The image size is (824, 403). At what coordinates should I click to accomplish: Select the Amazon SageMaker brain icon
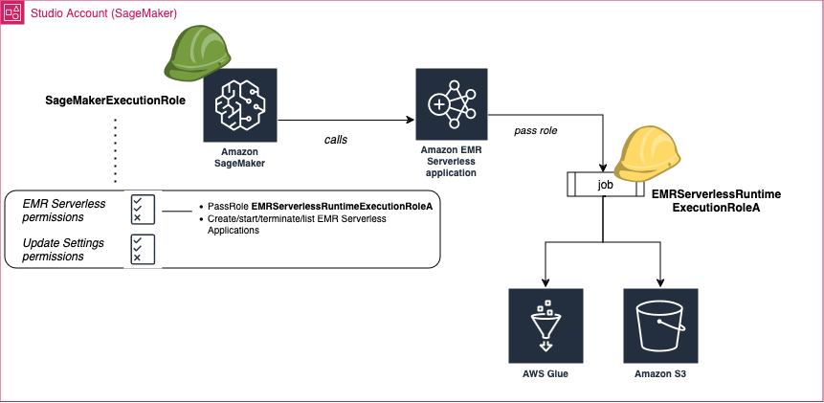click(x=239, y=105)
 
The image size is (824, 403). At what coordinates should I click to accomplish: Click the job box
click(x=604, y=184)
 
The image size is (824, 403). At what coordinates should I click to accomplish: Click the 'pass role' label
click(x=536, y=129)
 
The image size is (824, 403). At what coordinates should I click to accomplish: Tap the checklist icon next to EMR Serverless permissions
click(x=143, y=210)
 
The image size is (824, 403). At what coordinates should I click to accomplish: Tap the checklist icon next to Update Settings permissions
click(x=143, y=249)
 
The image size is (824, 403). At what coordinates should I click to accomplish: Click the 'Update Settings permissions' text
click(x=64, y=249)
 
